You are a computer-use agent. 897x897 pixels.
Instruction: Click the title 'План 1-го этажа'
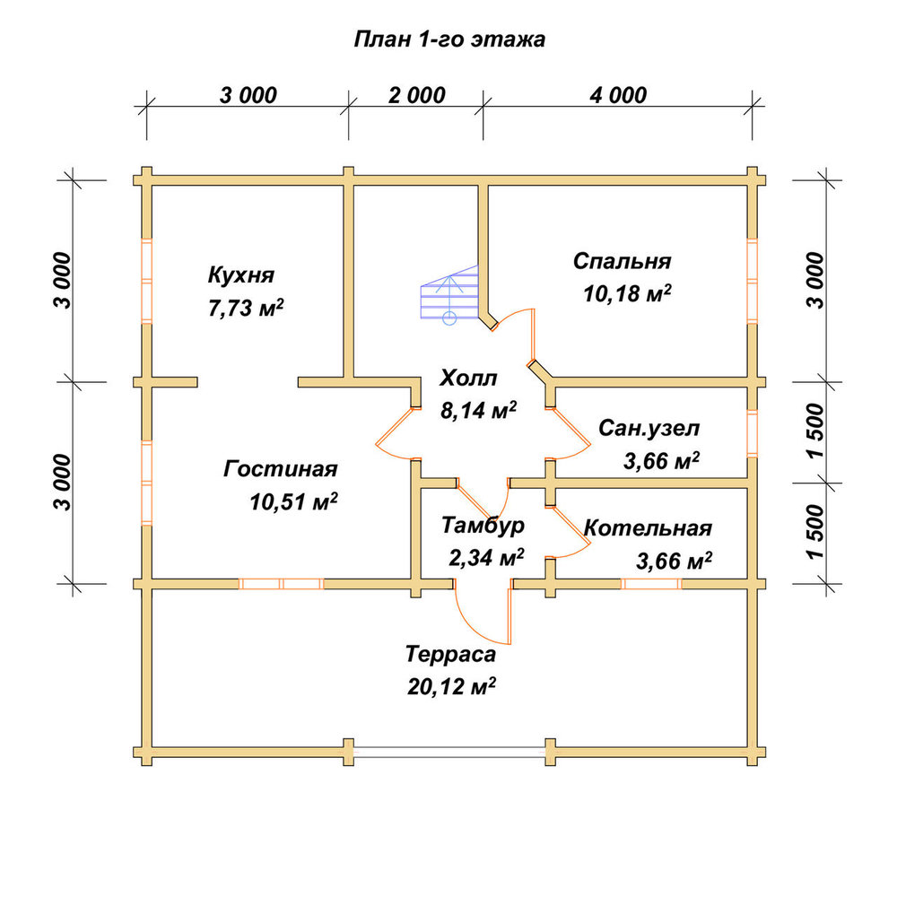[x=449, y=39]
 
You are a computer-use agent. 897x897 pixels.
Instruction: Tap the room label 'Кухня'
[x=240, y=275]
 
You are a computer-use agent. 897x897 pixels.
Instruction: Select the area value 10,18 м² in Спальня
[x=627, y=293]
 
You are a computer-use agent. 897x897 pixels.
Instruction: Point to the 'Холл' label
[x=468, y=378]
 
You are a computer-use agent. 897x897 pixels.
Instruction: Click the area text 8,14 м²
[x=478, y=410]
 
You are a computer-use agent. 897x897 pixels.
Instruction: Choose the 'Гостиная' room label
[x=280, y=469]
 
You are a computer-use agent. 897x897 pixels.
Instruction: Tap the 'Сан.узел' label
[x=649, y=428]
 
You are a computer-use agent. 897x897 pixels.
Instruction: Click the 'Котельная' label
[x=648, y=527]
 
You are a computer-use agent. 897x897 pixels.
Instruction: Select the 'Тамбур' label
[x=483, y=525]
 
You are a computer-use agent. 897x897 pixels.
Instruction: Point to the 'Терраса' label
[x=450, y=654]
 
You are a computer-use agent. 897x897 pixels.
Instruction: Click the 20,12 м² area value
[x=451, y=686]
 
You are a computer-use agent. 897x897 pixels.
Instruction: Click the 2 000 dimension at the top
[x=416, y=96]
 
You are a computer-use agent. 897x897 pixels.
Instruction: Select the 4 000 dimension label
[x=618, y=96]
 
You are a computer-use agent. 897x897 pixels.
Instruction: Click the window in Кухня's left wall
[x=147, y=280]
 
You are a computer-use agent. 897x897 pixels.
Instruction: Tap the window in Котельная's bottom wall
[x=651, y=584]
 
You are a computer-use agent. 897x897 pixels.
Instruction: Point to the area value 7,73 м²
[x=246, y=309]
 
